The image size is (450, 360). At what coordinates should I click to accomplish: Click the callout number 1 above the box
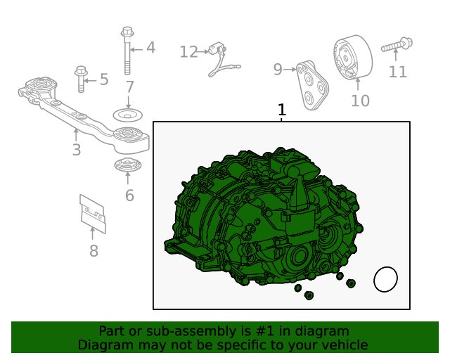282,110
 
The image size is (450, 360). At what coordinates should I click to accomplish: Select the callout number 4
150,48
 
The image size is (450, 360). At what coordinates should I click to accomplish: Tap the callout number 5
104,79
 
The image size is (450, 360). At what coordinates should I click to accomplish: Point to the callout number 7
129,87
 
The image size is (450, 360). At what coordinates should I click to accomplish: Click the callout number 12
188,51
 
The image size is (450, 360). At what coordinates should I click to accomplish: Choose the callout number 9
278,69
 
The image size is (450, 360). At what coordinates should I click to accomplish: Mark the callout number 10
359,101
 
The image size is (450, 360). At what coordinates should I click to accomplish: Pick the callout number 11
397,72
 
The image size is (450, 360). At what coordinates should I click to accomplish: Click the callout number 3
76,149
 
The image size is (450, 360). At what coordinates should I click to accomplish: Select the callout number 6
129,195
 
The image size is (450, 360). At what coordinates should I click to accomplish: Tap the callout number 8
94,251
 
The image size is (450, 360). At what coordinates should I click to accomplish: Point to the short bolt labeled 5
80,79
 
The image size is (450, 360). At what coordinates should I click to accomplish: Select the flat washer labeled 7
128,114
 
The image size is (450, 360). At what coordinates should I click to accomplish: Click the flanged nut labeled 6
127,167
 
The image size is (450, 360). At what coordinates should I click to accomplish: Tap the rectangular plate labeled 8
92,212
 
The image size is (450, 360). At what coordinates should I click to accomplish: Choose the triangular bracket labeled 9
311,85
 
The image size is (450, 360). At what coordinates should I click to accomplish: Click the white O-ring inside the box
385,279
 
